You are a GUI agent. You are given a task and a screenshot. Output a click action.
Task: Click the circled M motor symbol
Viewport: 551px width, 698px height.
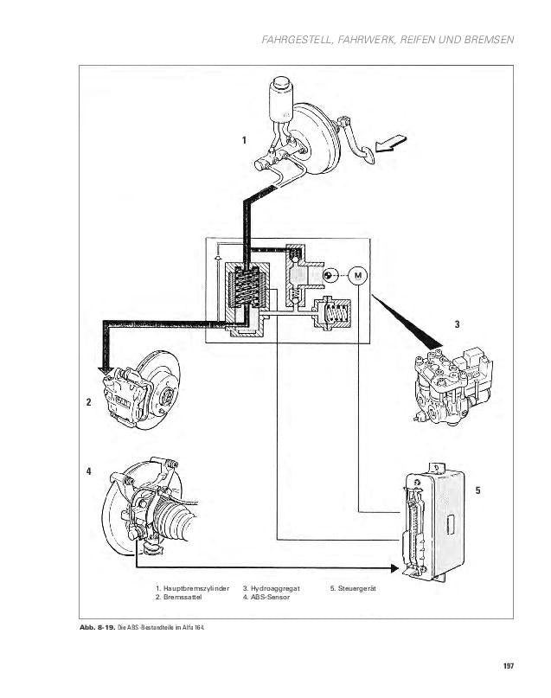357,276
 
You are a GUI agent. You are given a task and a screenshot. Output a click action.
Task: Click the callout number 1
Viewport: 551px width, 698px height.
244,140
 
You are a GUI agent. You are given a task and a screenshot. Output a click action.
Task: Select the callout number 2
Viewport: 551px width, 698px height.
88,401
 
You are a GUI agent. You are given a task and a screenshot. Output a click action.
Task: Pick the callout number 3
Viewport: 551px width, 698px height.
457,325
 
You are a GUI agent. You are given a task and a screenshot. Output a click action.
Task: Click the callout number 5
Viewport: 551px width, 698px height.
477,490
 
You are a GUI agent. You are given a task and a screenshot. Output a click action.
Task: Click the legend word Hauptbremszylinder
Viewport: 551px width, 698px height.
196,588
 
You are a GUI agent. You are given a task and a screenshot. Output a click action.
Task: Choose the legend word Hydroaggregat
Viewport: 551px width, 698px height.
273,588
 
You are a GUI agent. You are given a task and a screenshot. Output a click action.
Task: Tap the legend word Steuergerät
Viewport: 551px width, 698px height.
359,588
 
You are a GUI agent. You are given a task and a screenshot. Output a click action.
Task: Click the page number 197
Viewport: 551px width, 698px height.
508,665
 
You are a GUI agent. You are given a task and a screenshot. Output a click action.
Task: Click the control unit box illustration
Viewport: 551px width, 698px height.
432,519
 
